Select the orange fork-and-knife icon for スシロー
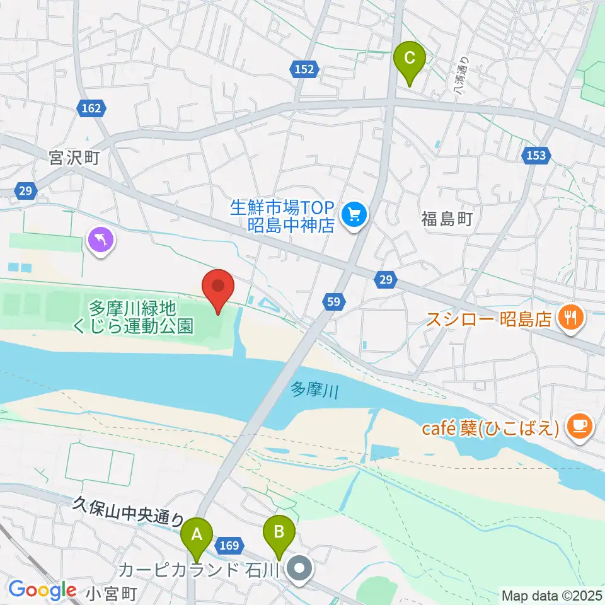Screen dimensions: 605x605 (572, 316)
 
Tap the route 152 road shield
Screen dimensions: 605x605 (304, 70)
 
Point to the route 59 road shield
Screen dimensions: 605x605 (333, 303)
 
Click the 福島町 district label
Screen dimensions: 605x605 (446, 219)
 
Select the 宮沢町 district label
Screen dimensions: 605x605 (75, 156)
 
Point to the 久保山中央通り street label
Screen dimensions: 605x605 (128, 511)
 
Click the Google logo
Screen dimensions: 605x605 (42, 591)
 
